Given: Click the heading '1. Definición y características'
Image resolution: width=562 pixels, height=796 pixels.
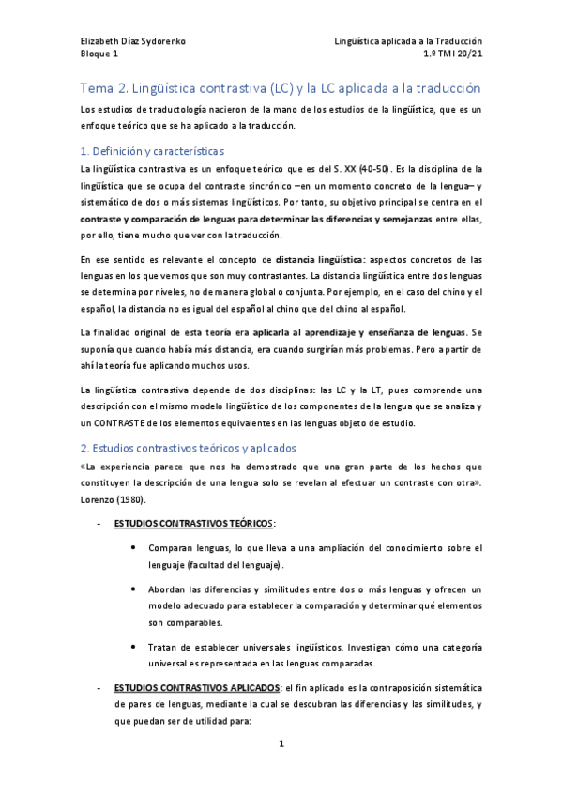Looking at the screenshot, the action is point(151,150).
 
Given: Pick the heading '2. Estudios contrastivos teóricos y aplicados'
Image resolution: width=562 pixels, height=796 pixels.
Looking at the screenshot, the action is point(188,448).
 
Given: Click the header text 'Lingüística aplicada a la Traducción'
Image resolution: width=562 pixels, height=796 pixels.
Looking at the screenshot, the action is point(408,41).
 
